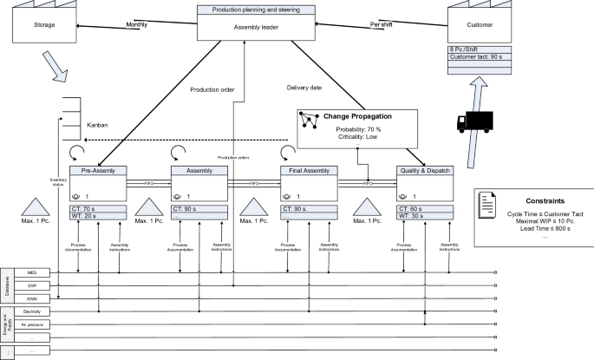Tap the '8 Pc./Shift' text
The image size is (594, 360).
coord(467,49)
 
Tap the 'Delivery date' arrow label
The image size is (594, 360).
coord(305,87)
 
